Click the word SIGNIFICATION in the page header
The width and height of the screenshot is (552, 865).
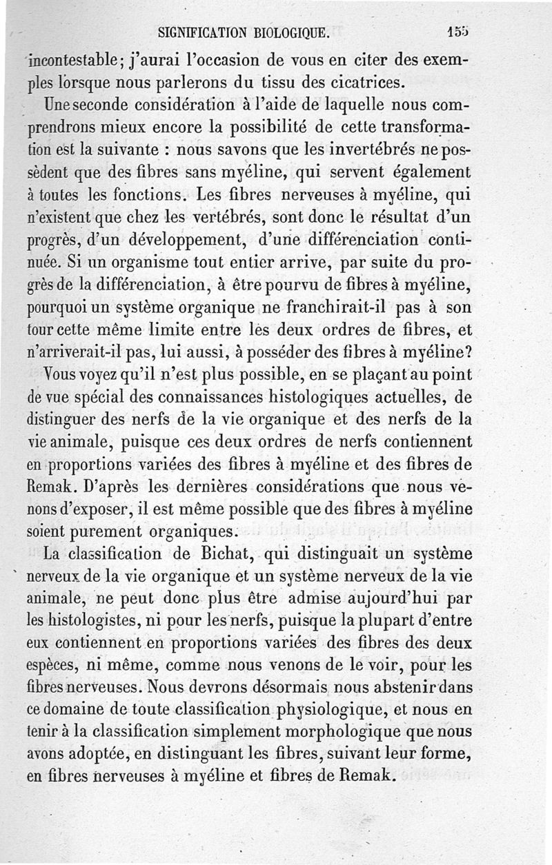click(x=202, y=32)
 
